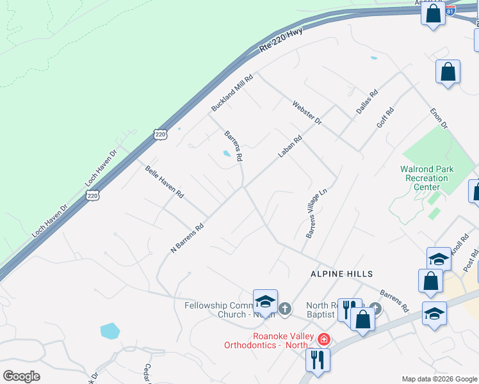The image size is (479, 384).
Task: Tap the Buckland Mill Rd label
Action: (232, 93)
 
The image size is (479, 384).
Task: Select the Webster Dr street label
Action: (307, 113)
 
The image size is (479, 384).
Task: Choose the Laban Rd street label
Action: (289, 147)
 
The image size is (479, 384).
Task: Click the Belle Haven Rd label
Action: (165, 182)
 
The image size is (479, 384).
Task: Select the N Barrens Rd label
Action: (187, 237)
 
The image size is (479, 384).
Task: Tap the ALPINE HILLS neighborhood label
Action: (341, 273)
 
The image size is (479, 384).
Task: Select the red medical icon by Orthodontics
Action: (325, 339)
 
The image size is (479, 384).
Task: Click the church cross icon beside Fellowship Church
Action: (285, 309)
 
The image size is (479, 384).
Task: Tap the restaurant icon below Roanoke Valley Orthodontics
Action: (317, 360)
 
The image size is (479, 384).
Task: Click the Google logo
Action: (22, 376)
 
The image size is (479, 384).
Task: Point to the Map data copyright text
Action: (439, 379)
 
